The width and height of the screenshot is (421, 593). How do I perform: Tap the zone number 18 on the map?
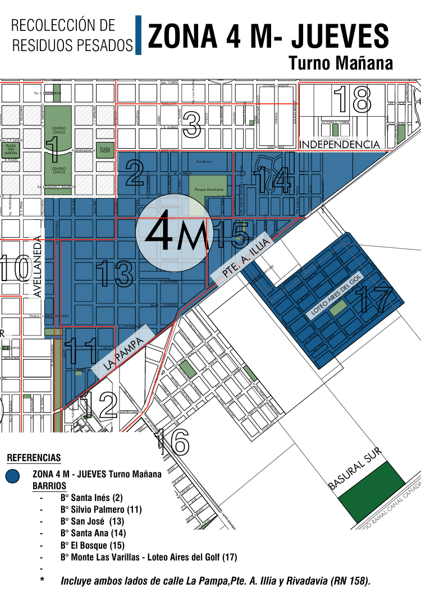click(353, 99)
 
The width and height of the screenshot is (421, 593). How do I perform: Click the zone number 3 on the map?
click(192, 125)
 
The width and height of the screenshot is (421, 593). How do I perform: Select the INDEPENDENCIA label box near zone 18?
click(340, 145)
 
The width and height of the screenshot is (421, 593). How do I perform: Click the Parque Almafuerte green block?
click(208, 190)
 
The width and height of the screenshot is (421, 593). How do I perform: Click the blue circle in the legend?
click(12, 476)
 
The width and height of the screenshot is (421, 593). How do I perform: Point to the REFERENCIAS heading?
click(34, 458)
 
